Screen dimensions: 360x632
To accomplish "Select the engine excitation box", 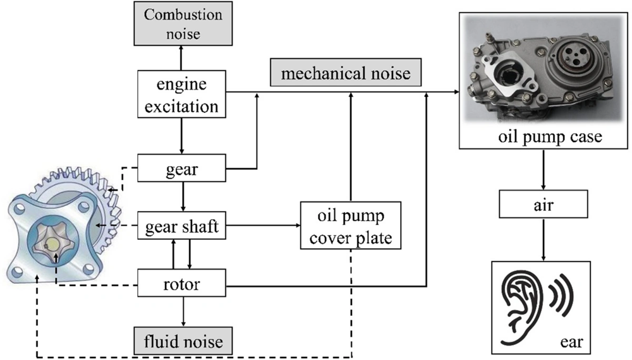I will click(182, 94).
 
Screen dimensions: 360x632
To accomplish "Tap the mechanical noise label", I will click(346, 74).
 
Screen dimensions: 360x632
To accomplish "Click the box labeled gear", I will click(182, 169).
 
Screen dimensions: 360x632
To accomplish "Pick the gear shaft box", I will click(182, 226).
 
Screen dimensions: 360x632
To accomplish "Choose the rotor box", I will click(182, 284).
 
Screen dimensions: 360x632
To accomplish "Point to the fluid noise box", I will click(182, 341).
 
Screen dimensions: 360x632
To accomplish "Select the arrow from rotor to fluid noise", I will click(183, 312).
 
